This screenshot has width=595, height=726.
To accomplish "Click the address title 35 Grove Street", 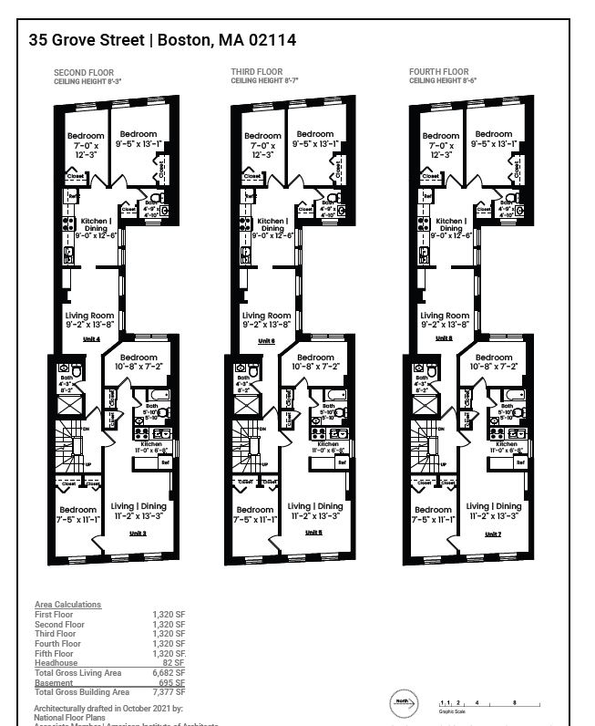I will (x=87, y=40).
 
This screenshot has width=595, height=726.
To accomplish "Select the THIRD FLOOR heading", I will (x=257, y=72).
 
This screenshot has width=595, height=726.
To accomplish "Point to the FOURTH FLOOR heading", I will (x=438, y=72).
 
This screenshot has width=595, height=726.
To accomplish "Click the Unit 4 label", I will (x=90, y=340).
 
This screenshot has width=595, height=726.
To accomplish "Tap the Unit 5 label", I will (x=313, y=533).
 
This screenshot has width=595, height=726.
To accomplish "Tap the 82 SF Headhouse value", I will (x=174, y=663).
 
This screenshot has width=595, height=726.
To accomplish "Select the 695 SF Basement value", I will (x=172, y=682).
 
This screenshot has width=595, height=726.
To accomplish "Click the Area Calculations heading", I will (x=67, y=605).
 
